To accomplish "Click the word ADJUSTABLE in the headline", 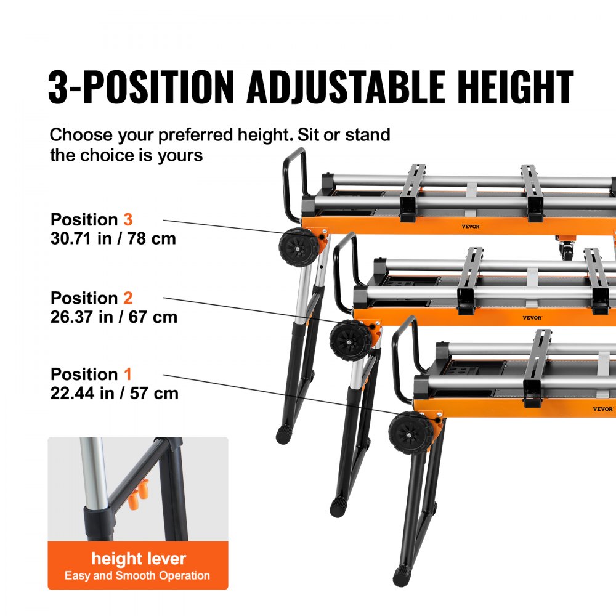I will (x=346, y=87).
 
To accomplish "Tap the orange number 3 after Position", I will (x=128, y=219).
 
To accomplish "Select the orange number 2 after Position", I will (x=128, y=298).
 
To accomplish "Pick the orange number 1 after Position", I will (x=128, y=375).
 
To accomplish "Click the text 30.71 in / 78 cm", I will (x=113, y=238).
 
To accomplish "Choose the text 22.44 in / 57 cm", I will (x=115, y=393).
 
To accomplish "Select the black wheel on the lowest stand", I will (x=408, y=432).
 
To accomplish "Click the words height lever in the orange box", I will (x=139, y=559).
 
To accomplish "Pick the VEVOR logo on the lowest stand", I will (x=602, y=409).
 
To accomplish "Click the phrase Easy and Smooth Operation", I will (x=137, y=577).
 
